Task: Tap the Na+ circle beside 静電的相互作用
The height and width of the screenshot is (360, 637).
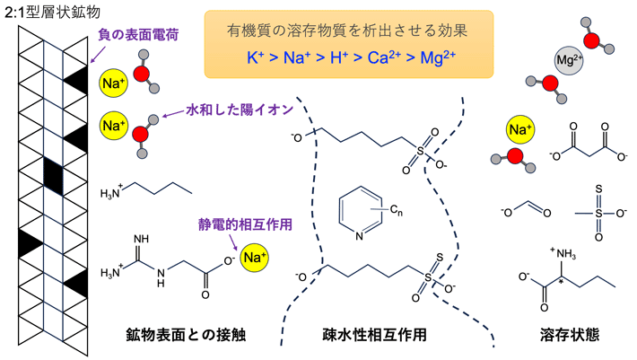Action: coord(255,259)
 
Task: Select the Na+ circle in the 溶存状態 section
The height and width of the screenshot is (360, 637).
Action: coord(519,130)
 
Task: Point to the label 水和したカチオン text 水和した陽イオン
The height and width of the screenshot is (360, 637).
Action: coord(240,110)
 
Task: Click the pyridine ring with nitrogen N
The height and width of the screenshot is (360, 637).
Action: coord(361,215)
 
